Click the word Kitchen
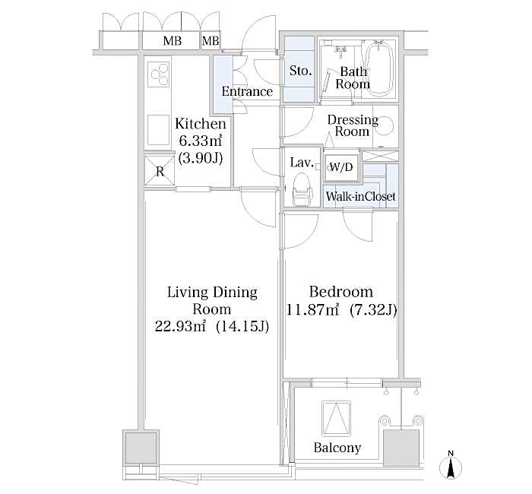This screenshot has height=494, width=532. (201, 124)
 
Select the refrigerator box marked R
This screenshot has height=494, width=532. (160, 171)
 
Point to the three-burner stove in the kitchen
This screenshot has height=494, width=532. (160, 74)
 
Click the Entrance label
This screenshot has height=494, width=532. (246, 92)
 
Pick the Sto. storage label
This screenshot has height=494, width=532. (300, 71)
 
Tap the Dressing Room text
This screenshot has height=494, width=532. (353, 125)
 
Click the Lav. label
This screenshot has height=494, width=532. (298, 162)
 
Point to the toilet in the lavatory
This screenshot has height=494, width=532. (301, 188)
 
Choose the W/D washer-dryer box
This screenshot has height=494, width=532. (340, 168)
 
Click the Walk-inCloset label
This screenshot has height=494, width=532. (360, 197)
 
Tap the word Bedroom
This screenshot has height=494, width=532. (340, 292)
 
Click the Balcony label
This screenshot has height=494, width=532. (337, 448)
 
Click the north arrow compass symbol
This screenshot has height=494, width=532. (451, 466)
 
